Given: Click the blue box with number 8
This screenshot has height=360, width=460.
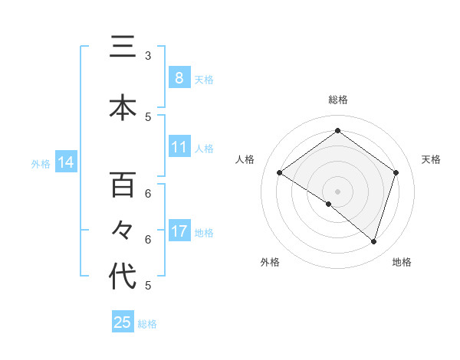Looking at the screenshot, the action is (179, 77).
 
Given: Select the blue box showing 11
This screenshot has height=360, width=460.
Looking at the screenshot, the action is (179, 147).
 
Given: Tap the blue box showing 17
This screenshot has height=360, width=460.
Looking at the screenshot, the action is (179, 231).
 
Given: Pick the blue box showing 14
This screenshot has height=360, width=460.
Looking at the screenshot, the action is (66, 162).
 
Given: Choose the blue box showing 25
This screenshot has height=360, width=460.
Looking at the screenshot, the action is (123, 322).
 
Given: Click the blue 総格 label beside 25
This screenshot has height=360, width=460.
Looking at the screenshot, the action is (148, 324).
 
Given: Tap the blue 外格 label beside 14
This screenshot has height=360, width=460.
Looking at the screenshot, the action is (41, 164).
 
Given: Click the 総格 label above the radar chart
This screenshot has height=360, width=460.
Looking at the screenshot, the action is (337, 100).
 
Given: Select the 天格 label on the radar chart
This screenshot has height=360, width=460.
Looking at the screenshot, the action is (431, 159).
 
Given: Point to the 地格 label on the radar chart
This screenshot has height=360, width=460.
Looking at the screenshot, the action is (402, 263).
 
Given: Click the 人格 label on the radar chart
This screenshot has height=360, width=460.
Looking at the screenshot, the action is (245, 159).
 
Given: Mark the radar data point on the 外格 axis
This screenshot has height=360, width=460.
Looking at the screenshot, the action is (329, 204).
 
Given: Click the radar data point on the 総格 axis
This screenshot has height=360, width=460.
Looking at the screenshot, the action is (337, 130).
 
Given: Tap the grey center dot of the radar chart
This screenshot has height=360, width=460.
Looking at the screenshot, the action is (337, 191).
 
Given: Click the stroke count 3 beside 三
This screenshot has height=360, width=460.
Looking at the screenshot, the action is (148, 55).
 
